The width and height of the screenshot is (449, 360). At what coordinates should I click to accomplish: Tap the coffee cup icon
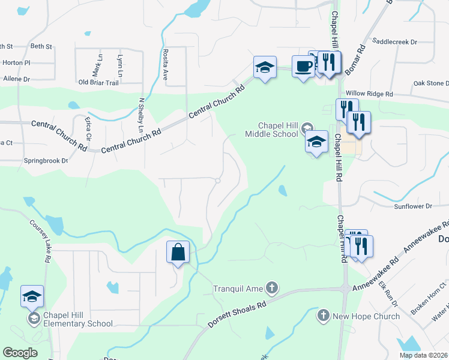(302, 66)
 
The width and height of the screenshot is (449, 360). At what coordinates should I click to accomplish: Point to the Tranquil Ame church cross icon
(272, 289)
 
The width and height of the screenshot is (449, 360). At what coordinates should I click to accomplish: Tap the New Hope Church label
(366, 316)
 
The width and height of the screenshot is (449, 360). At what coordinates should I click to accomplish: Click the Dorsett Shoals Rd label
(237, 314)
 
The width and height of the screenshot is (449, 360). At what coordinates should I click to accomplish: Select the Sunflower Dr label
(413, 206)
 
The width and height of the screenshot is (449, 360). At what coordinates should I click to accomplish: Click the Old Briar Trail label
(98, 82)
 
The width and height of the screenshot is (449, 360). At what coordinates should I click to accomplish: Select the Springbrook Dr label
(45, 161)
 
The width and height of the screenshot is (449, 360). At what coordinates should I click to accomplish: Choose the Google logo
(20, 352)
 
